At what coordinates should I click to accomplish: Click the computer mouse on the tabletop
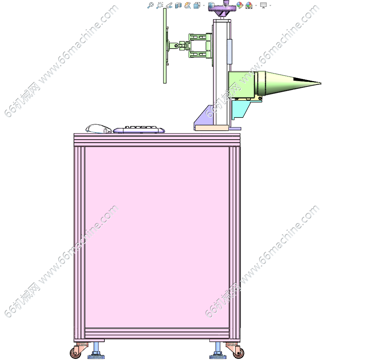pyautogui.click(x=99, y=129)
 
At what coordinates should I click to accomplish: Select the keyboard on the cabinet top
pyautogui.click(x=139, y=130)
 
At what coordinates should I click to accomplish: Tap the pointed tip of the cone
pyautogui.click(x=321, y=84)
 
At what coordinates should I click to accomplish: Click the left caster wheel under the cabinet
pyautogui.click(x=75, y=352)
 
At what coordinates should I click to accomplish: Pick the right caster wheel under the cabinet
pyautogui.click(x=238, y=352)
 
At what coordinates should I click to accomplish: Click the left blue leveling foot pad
pyautogui.click(x=96, y=356)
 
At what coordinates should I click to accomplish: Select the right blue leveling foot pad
pyautogui.click(x=218, y=356)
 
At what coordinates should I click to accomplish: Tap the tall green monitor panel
pyautogui.click(x=165, y=46)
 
